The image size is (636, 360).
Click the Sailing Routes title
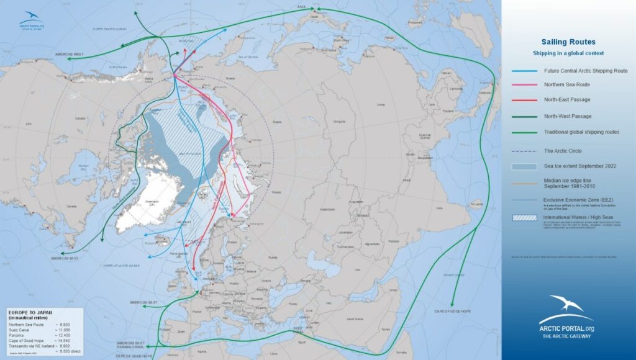tap(568, 42)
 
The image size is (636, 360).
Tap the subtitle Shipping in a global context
tap(568, 53)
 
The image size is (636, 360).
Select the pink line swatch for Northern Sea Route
tap(522, 85)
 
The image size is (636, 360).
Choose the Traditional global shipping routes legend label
tap(581, 132)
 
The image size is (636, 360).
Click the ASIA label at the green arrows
tap(302, 9)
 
